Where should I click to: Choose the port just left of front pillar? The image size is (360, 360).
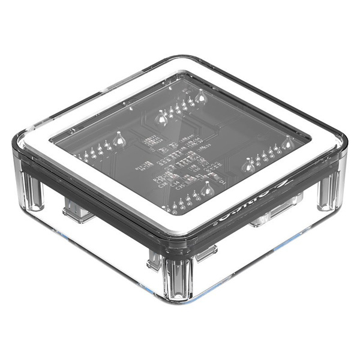pos(155,259)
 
